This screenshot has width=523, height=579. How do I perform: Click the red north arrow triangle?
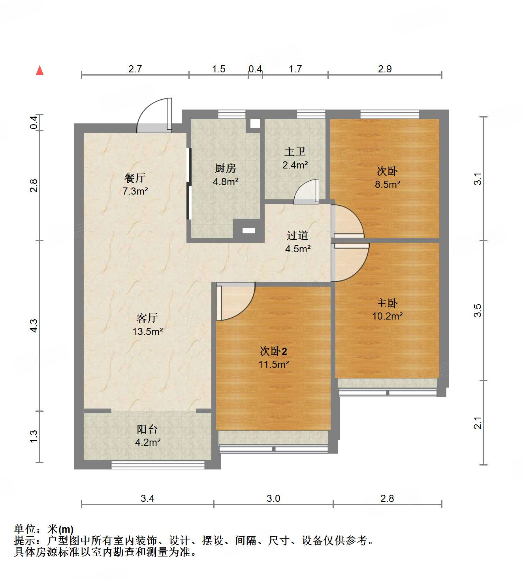40,70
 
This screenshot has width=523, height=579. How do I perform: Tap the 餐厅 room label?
135,178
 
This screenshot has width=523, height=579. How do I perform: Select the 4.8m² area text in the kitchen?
226,182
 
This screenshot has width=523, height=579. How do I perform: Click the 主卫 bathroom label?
295,151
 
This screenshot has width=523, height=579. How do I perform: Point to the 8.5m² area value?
388,184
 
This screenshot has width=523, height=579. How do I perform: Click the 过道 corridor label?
297,236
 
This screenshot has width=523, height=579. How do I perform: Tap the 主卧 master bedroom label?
387,303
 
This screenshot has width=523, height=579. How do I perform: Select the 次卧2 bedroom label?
273,351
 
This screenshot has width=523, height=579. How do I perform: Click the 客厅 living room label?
147,318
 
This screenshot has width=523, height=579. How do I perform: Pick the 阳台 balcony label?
147,429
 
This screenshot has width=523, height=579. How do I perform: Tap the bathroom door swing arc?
307,192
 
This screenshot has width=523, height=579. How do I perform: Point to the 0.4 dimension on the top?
255,69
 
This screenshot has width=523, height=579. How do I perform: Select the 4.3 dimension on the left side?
34,325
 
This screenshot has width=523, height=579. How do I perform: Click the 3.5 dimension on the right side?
478,310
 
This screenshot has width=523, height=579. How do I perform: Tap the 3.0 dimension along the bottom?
273,498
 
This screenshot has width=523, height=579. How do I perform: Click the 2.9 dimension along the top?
385,69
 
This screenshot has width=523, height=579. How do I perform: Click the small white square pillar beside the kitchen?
255,123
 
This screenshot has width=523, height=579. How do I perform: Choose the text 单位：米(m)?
44,529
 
